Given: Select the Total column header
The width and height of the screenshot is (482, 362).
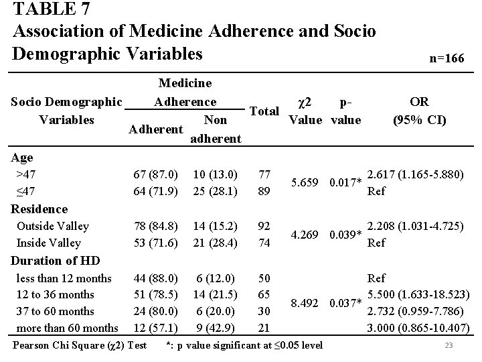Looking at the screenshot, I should pyautogui.click(x=264, y=111).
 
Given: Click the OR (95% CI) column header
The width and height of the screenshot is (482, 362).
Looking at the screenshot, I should pyautogui.click(x=419, y=111).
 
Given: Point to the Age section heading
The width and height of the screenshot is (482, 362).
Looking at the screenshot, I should pyautogui.click(x=23, y=158).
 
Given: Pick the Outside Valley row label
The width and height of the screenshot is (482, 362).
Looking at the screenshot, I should pyautogui.click(x=53, y=226).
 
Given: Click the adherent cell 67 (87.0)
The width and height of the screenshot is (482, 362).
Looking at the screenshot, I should pyautogui.click(x=155, y=174).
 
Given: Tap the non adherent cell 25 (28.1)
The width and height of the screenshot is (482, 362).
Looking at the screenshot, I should pyautogui.click(x=213, y=191).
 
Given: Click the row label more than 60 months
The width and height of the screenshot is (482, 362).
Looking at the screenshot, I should pyautogui.click(x=67, y=328).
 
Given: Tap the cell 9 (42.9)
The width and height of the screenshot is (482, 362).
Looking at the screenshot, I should pyautogui.click(x=213, y=328).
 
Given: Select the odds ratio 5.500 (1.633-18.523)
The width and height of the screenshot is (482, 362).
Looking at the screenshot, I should pyautogui.click(x=419, y=294).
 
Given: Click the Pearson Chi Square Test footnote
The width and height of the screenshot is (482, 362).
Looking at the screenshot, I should pyautogui.click(x=80, y=346).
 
